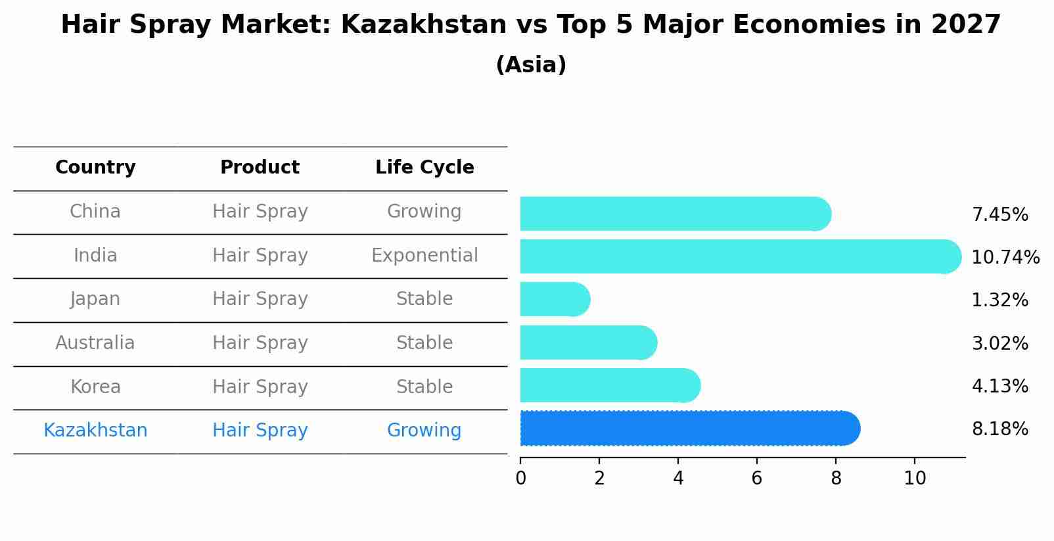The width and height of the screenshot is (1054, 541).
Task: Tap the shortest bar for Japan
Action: click(x=554, y=299)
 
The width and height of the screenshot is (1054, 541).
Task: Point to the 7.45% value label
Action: click(x=999, y=215)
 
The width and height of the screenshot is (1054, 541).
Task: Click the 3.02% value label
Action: click(x=999, y=343)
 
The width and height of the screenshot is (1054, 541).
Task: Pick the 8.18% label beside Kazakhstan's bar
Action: click(x=999, y=429)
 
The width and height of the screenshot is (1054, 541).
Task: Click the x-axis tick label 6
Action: click(x=757, y=479)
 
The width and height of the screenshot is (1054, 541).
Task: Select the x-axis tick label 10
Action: click(x=914, y=479)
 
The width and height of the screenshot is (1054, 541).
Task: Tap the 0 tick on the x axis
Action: click(x=520, y=479)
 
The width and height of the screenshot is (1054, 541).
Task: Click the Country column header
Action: click(x=95, y=168)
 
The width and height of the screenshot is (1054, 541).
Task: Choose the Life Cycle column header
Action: click(x=424, y=168)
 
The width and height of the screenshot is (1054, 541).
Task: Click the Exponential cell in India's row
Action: click(x=424, y=255)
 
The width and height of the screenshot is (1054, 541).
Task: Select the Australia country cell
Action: click(x=95, y=343)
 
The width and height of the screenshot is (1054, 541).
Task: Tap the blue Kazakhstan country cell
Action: click(x=95, y=431)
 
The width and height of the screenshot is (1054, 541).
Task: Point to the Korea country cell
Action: click(x=95, y=387)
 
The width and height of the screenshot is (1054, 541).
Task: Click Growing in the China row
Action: click(x=424, y=212)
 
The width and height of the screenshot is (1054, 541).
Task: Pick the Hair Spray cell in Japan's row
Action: click(x=260, y=299)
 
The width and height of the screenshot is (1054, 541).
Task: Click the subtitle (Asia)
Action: click(x=531, y=65)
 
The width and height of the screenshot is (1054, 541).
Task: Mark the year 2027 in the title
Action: click(x=965, y=25)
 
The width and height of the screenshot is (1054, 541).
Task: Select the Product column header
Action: click(x=260, y=168)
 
